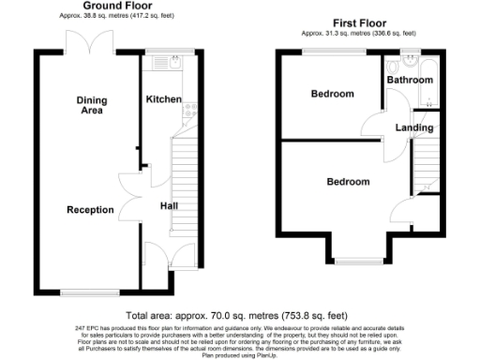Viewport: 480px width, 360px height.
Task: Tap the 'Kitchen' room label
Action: [163, 98]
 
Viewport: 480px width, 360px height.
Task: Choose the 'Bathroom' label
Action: [411, 82]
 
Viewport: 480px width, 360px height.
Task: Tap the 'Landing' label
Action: [414, 127]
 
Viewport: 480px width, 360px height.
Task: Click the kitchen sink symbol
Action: [170, 65]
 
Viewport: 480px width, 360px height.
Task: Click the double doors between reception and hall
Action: [129, 199]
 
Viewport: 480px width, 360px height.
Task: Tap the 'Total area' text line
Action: [239, 315]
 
